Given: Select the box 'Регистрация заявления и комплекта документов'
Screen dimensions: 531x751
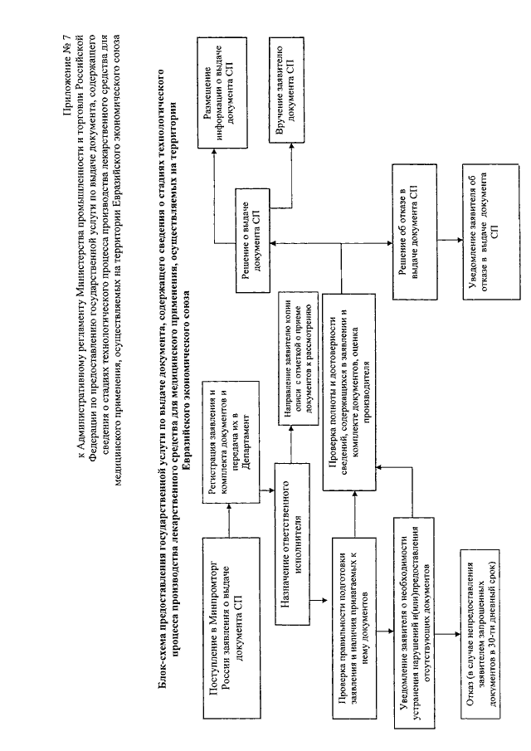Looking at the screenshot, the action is [230, 441].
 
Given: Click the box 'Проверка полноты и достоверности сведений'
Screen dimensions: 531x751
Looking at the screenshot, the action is [348, 392].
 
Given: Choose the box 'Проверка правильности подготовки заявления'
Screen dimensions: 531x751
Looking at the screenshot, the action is [354, 627].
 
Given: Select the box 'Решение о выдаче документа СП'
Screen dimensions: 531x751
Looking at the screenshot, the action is [252, 240].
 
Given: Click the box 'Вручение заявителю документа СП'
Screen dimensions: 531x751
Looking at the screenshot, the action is [287, 92].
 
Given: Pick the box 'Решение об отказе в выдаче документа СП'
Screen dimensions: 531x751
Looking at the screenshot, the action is [414, 232].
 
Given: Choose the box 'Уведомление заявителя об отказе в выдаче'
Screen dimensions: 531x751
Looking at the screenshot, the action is [491, 232].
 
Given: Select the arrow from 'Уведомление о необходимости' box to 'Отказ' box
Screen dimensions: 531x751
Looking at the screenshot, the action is [448, 635].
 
